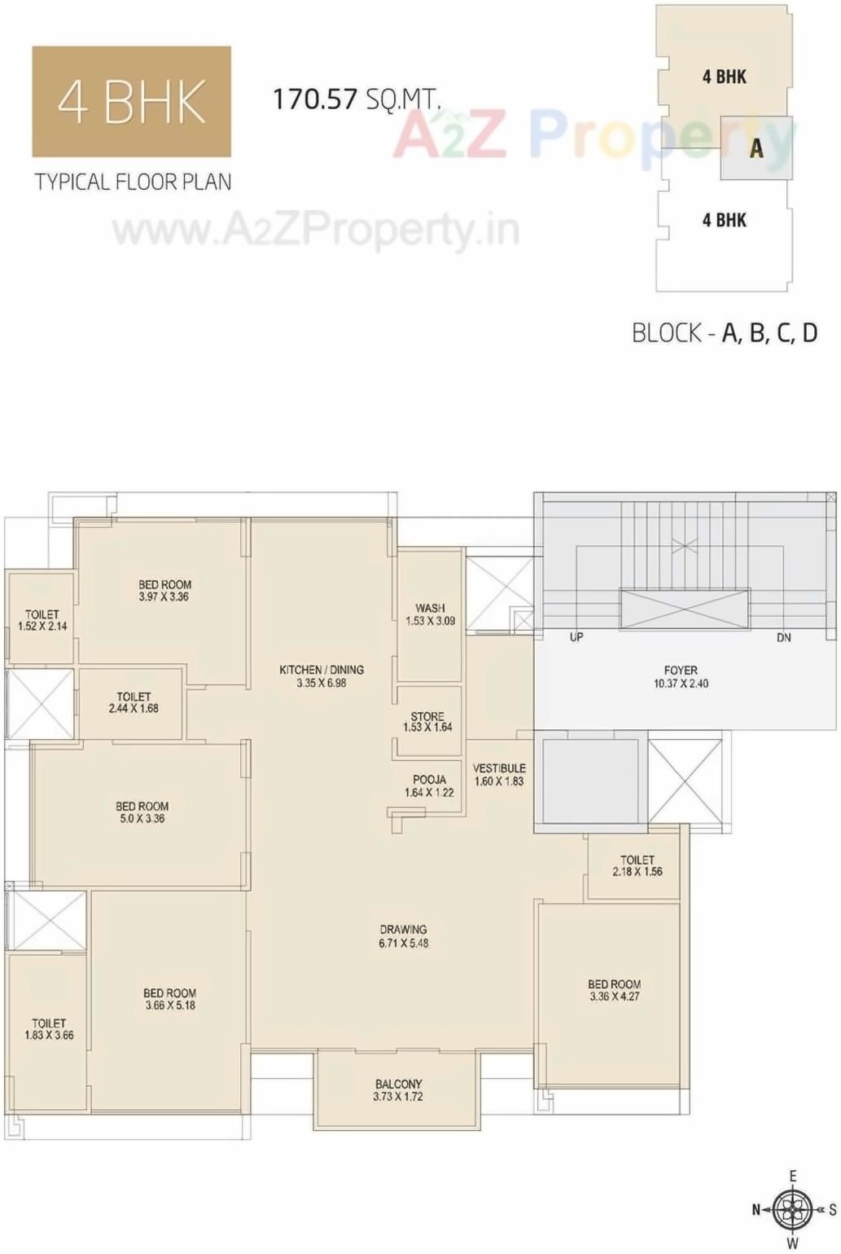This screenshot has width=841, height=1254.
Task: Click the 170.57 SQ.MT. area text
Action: click(356, 99)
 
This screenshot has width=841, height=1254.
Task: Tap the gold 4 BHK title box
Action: click(131, 102)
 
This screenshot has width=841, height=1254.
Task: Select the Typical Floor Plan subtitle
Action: click(133, 182)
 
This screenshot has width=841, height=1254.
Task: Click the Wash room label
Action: click(430, 614)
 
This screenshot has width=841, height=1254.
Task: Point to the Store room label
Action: click(427, 722)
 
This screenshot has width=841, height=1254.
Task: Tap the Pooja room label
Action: click(429, 786)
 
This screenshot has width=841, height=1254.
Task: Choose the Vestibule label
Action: click(499, 775)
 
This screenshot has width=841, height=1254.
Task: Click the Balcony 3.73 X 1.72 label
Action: click(398, 1090)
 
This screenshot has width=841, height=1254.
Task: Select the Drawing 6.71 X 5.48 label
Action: click(403, 936)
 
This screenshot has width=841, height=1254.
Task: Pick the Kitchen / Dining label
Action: click(322, 676)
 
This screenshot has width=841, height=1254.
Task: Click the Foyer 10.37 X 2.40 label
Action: click(681, 677)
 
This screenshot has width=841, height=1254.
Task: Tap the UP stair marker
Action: click(576, 637)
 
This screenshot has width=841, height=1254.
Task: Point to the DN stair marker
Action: click(783, 637)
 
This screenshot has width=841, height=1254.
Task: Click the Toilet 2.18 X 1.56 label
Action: click(637, 865)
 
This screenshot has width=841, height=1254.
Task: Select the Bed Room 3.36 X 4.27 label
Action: click(615, 990)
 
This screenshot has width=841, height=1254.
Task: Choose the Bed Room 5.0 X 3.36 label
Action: click(142, 812)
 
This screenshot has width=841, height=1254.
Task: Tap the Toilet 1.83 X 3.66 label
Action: click(49, 1029)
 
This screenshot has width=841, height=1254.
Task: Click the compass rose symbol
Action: click(792, 1210)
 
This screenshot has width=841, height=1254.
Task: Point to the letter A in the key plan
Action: click(756, 148)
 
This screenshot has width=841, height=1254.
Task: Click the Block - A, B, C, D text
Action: click(725, 332)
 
